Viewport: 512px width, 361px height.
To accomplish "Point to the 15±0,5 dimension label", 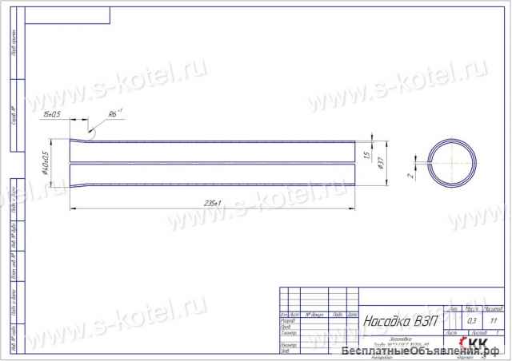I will [54, 115].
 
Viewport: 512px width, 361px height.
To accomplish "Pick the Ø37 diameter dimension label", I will [382, 163].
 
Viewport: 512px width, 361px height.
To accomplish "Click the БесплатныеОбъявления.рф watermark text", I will [425, 352].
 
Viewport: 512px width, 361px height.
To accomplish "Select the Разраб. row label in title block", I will [288, 320].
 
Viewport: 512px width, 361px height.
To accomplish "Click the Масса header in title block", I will [470, 309].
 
